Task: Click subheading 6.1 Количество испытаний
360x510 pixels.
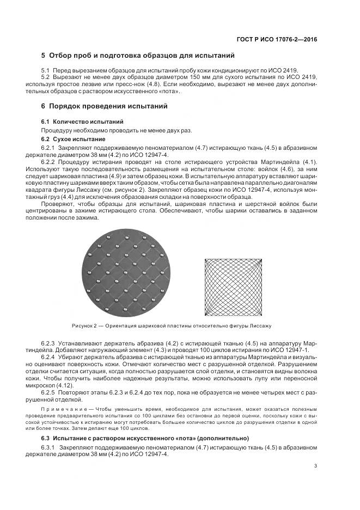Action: point(82,121)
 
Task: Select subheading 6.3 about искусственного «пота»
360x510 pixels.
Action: point(145,438)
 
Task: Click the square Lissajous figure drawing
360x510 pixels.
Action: point(234,287)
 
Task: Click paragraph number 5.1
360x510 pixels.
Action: point(46,71)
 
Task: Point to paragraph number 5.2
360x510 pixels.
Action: point(46,78)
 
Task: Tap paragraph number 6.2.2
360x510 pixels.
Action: point(49,162)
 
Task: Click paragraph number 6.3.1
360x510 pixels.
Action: point(49,447)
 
